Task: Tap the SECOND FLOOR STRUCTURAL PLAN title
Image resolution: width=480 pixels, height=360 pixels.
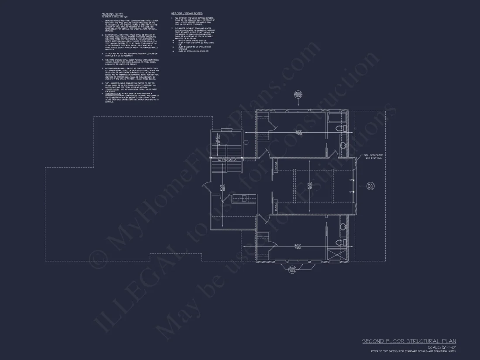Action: point(409,341)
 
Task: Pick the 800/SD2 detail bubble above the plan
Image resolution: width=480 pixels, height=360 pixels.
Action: point(298,95)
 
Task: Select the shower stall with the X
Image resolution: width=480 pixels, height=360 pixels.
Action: point(336,255)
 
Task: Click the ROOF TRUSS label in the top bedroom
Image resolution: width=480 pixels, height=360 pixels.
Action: point(298,133)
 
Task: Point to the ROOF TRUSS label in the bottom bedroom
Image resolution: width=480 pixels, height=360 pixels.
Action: point(298,247)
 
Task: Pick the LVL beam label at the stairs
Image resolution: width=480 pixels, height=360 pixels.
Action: point(227,160)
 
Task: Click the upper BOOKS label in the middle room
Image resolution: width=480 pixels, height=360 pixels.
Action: point(276,165)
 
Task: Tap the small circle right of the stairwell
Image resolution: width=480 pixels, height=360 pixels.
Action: point(246,142)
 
